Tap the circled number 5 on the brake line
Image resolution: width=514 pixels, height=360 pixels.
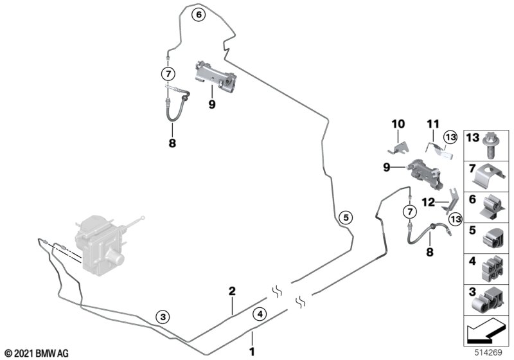pos(345,218)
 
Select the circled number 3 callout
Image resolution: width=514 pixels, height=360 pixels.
pos(163,316)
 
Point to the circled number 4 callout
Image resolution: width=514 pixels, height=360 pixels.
pos(259,314)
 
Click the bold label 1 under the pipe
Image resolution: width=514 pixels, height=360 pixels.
pos(253,352)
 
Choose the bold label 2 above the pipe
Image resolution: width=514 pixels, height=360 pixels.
pos(232,291)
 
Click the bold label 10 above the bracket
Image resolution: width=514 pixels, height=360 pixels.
pos(398,123)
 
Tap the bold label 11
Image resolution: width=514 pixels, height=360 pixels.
pos(432,123)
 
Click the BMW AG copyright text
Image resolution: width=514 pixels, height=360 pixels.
pos(35,353)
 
